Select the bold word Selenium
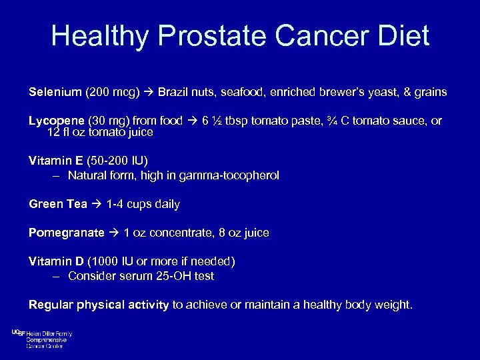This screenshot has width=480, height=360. click(x=55, y=91)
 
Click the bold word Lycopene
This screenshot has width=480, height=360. click(x=56, y=121)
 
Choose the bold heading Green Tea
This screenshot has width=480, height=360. click(x=58, y=204)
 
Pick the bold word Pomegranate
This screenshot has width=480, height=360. click(x=67, y=233)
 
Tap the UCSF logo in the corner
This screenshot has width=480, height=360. click(x=18, y=333)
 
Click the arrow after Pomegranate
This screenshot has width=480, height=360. click(x=114, y=233)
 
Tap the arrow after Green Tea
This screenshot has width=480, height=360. click(x=97, y=204)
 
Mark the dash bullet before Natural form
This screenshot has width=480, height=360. click(x=57, y=175)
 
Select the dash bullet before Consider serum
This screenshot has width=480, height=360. click(x=57, y=276)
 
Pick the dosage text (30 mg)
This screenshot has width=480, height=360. click(x=109, y=121)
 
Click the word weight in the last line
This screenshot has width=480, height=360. click(x=394, y=305)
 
